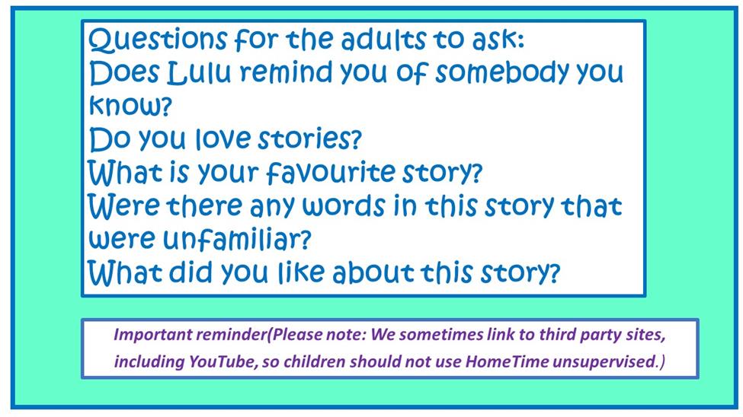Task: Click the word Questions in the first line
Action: tap(157, 40)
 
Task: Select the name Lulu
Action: tap(200, 73)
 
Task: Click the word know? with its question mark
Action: tap(130, 106)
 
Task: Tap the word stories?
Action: tap(309, 138)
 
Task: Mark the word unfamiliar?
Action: tap(237, 239)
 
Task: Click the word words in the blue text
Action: tap(344, 206)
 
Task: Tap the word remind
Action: tap(287, 73)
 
